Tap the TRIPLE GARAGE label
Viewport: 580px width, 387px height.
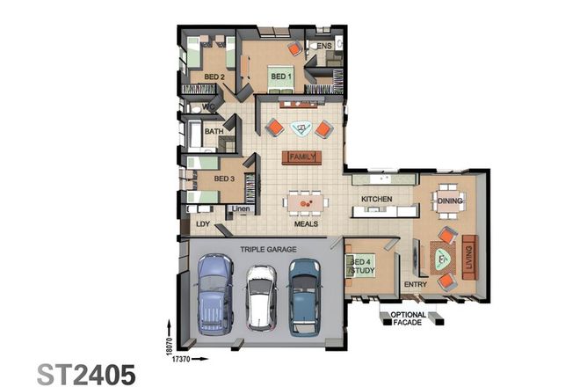268,249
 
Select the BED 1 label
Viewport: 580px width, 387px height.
280,77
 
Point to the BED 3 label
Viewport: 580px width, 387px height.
223,179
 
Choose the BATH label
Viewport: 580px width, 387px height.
214,132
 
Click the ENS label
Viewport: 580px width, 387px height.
324,46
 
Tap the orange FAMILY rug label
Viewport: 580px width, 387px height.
301,157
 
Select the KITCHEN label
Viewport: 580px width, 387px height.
376,200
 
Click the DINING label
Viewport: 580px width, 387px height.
449,201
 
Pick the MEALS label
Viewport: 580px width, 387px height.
306,224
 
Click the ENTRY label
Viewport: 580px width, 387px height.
415,285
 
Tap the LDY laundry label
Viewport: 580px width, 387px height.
203,224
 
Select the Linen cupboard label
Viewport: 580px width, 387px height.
242,208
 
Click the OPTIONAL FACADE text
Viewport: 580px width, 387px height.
409,318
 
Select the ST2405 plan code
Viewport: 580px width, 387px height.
85,373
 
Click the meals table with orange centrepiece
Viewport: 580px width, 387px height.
306,204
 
